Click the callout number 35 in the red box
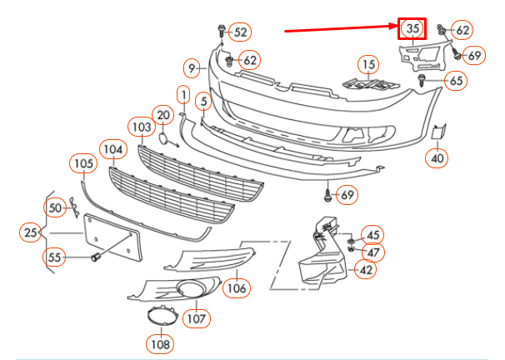[x=412, y=29]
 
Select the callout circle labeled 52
[x=241, y=32]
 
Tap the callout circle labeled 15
[x=368, y=64]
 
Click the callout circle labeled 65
[x=455, y=81]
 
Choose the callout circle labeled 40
[x=438, y=157]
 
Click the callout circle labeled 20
[x=163, y=115]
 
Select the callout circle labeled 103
[x=142, y=127]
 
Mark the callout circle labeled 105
[x=83, y=164]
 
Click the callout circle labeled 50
[x=55, y=207]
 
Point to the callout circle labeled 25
[x=32, y=231]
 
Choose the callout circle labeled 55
[x=55, y=257]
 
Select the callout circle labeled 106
[x=237, y=288]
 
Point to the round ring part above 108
[x=158, y=315]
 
